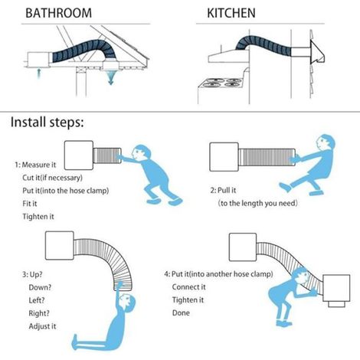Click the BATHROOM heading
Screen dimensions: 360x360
click(x=58, y=13)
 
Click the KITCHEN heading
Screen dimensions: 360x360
click(x=231, y=13)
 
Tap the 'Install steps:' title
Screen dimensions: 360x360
click(x=47, y=123)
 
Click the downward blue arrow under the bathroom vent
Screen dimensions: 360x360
click(x=110, y=78)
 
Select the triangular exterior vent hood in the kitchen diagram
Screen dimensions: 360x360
click(x=318, y=52)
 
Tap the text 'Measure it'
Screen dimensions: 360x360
click(x=39, y=165)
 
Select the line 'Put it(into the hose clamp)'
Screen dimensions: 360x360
click(x=66, y=191)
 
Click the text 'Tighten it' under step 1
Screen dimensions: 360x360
click(x=38, y=217)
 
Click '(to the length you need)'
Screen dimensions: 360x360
click(x=258, y=204)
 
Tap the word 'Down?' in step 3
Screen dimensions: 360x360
click(x=40, y=287)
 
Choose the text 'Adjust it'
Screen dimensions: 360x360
click(x=42, y=326)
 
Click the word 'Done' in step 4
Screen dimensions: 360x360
click(x=181, y=313)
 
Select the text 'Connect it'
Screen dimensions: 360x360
click(x=188, y=287)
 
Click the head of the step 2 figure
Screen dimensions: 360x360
click(x=325, y=142)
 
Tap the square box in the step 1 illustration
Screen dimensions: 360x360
click(x=79, y=155)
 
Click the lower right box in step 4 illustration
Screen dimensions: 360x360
click(x=336, y=288)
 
